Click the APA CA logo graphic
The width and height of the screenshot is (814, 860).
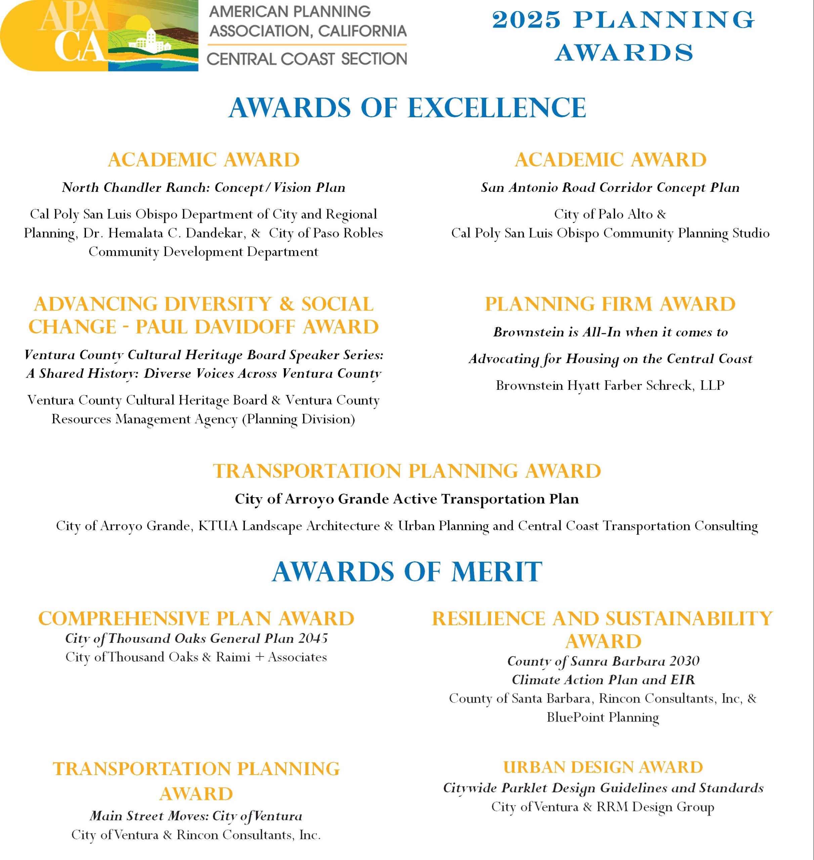(99, 36)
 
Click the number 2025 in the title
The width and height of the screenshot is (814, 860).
(526, 20)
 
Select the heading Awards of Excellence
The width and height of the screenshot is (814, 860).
(407, 108)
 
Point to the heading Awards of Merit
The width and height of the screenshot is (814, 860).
(407, 571)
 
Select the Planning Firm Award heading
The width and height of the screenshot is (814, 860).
(610, 304)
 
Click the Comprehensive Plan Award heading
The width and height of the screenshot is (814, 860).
(196, 619)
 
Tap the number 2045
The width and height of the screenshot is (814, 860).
(313, 638)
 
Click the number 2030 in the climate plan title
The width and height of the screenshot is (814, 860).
(684, 661)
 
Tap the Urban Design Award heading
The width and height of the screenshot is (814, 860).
(603, 767)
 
